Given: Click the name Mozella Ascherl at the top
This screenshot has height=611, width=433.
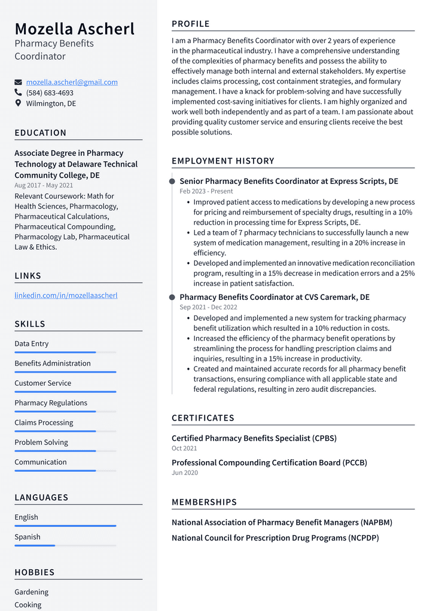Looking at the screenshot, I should [74, 29].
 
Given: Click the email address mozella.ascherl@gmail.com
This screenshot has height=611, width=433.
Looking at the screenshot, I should [72, 82].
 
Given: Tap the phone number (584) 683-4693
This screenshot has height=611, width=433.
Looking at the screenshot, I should [50, 93].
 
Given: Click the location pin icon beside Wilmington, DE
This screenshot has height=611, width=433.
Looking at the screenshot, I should [18, 103].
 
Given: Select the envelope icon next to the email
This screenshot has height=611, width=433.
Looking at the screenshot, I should [18, 82].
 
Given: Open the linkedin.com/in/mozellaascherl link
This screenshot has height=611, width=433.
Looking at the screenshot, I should [66, 295].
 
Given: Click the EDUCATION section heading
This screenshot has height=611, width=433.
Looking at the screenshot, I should [41, 133].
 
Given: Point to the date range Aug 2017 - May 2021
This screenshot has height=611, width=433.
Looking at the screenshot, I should [44, 185].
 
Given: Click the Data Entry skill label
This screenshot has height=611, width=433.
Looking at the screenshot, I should [32, 343].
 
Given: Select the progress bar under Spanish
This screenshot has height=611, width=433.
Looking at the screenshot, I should [35, 545].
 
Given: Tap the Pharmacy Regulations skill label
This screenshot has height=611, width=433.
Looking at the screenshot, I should [51, 403].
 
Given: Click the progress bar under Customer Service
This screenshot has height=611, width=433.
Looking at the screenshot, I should [65, 392].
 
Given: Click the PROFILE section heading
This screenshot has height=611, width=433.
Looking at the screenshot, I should [191, 24].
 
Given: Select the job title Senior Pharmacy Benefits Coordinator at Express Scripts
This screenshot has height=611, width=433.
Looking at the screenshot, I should [288, 181].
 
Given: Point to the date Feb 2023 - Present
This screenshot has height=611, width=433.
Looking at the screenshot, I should [206, 191].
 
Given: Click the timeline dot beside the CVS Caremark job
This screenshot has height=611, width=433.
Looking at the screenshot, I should [172, 297].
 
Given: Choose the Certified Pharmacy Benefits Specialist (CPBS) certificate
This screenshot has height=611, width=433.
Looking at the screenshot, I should [254, 438].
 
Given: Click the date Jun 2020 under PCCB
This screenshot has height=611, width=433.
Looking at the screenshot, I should [184, 472].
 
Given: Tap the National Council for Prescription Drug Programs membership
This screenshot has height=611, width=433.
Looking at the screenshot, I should [275, 538].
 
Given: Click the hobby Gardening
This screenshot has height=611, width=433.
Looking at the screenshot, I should [32, 592].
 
